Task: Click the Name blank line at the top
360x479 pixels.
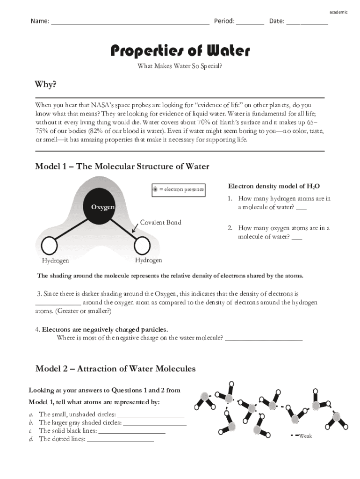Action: coord(130,22)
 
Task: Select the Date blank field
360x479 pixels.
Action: coord(307,22)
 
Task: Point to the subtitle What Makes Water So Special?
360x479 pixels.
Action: coord(180,66)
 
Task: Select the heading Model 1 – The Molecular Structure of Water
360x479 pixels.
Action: coord(122,167)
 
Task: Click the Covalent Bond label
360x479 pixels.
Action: coord(160,222)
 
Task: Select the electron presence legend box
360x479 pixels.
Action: coord(178,189)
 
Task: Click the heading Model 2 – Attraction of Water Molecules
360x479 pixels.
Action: coord(115,369)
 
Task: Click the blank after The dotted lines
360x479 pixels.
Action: coord(120,440)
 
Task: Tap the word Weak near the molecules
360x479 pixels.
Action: coord(305,436)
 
